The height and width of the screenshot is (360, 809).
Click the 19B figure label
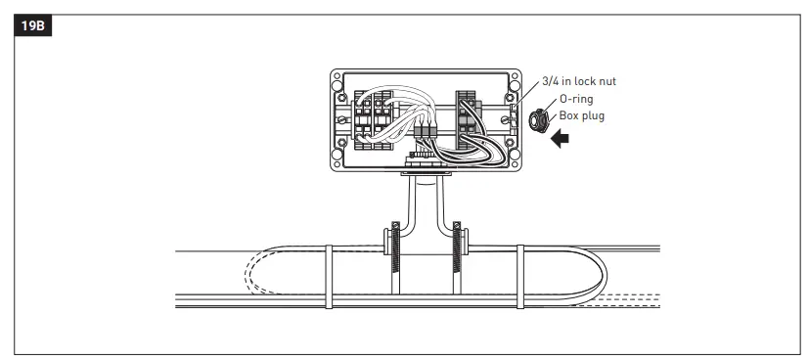pyautogui.click(x=33, y=25)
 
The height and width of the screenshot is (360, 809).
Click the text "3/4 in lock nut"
pyautogui.click(x=579, y=81)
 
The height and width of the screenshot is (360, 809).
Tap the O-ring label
pyautogui.click(x=576, y=99)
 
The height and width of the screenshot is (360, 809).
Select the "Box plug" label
pyautogui.click(x=581, y=115)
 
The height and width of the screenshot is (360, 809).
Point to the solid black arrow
pyautogui.click(x=560, y=139)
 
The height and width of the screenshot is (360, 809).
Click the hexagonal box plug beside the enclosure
pyautogui.click(x=539, y=120)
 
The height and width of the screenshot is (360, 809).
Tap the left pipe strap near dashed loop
pyautogui.click(x=329, y=277)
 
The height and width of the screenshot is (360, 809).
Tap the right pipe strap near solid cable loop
pyautogui.click(x=520, y=277)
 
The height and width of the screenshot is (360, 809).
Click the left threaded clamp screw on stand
pyautogui.click(x=396, y=247)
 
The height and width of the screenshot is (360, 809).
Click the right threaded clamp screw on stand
pyautogui.click(x=457, y=247)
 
